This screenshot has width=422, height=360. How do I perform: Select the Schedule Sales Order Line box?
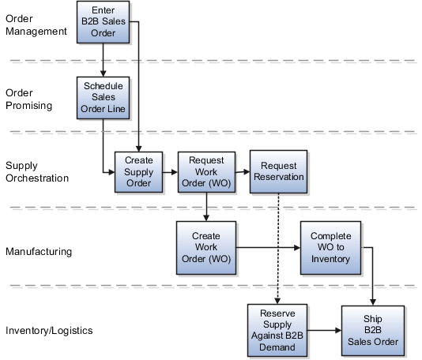[103, 96]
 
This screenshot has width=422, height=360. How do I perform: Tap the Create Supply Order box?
[139, 172]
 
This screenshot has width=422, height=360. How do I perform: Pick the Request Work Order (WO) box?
[205, 172]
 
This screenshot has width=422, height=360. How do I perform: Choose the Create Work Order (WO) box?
[205, 247]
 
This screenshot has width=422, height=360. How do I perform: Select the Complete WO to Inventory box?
[330, 247]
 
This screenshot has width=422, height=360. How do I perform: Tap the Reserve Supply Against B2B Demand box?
[277, 329]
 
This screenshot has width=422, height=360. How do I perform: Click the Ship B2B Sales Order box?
[372, 329]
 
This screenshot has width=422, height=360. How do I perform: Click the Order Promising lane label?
[28, 99]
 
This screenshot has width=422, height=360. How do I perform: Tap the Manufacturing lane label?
[39, 251]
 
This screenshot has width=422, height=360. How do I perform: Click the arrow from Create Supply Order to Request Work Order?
[171, 172]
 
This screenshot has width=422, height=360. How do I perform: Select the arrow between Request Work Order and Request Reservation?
[243, 172]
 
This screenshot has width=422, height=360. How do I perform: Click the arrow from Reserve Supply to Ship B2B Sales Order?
[323, 329]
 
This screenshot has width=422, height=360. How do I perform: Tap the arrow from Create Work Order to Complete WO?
[269, 247]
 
